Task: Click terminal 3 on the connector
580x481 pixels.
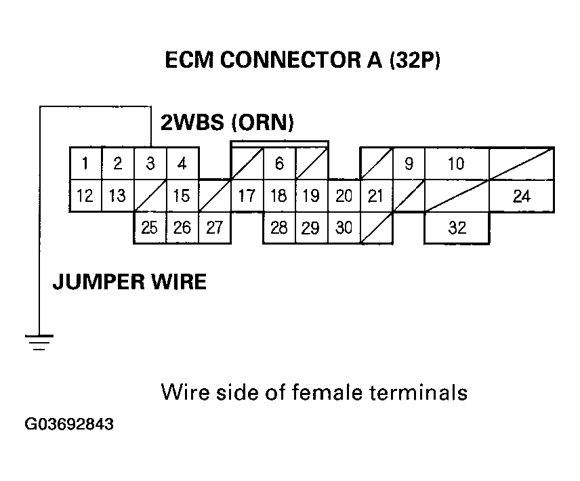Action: tap(150, 163)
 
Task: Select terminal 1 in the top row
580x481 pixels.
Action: tap(85, 163)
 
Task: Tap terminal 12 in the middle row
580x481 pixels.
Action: tap(85, 196)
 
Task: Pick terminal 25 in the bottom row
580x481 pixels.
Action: tap(150, 228)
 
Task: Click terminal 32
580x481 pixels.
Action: tap(457, 228)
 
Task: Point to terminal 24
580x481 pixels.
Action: tap(521, 196)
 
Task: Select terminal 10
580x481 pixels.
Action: tap(456, 163)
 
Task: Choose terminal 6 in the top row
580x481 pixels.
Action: tap(279, 163)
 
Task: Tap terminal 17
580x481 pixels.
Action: tap(247, 196)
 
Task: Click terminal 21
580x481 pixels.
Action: tap(375, 196)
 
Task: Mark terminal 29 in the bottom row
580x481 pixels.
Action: tap(311, 228)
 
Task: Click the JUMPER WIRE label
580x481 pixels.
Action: tap(129, 281)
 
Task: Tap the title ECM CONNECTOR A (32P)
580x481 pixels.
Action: tap(303, 61)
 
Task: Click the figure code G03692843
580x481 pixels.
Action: tap(69, 425)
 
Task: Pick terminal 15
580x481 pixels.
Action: tap(182, 196)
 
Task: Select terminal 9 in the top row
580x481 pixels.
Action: tap(409, 163)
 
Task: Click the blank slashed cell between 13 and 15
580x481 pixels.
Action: tap(150, 196)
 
